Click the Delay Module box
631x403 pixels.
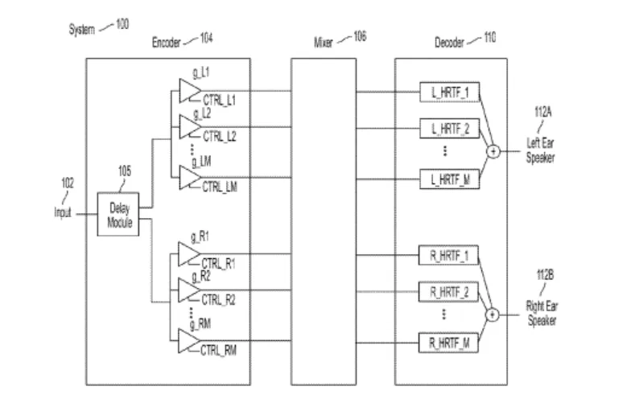(118, 214)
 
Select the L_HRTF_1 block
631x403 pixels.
(449, 92)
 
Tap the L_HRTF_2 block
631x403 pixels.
(449, 129)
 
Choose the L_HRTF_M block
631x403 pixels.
(449, 179)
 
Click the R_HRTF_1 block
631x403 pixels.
(449, 256)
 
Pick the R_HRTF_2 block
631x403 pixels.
(449, 291)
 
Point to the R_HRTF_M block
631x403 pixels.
(449, 343)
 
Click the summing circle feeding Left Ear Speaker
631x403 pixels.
(493, 151)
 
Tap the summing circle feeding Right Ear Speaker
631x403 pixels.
(493, 315)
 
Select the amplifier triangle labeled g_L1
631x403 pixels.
(189, 91)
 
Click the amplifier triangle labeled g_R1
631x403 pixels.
(188, 254)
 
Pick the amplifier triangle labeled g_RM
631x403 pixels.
(188, 341)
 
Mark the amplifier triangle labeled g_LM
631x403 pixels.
(189, 177)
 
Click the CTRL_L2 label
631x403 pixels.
(220, 137)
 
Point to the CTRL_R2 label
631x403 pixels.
(219, 299)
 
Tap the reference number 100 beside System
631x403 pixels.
(122, 24)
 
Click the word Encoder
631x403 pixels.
(166, 42)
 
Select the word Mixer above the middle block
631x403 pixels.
(324, 42)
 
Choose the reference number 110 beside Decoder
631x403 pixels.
(489, 37)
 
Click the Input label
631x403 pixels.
(63, 212)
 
